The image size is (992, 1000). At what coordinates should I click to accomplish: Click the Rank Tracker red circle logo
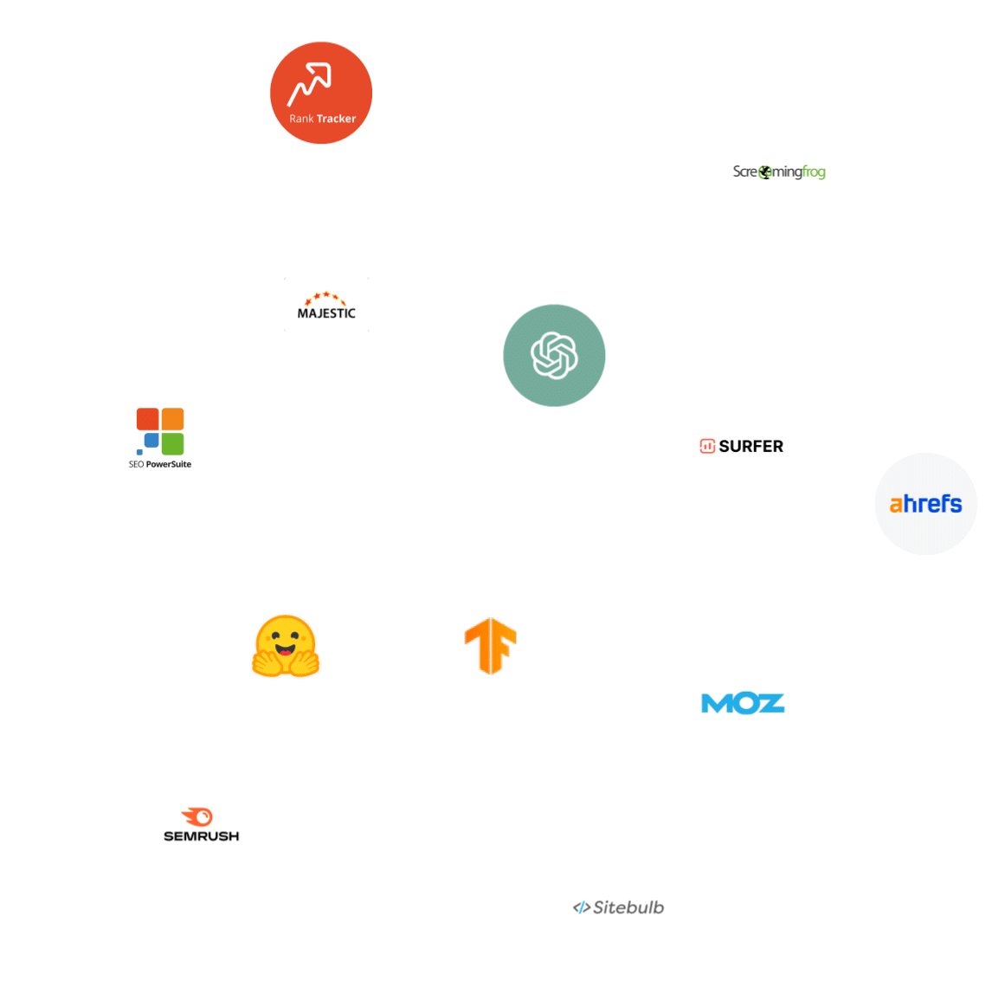(321, 93)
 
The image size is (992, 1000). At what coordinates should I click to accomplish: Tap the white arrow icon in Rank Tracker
(310, 83)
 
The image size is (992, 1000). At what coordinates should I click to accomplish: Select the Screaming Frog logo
(779, 172)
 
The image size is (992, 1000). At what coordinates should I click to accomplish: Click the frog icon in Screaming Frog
(765, 173)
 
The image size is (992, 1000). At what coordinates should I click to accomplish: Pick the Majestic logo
(326, 306)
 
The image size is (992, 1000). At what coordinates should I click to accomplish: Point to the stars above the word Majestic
(326, 297)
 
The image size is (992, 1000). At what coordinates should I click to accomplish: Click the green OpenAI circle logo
(554, 355)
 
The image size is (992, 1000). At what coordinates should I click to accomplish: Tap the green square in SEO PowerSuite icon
(173, 443)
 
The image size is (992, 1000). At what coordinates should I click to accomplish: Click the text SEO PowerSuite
(160, 465)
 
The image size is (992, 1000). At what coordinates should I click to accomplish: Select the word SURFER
(750, 447)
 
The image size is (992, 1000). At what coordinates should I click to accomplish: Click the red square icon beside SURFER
(707, 447)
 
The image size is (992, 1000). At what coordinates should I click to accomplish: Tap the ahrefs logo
(925, 504)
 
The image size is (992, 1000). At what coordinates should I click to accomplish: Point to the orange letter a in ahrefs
(896, 505)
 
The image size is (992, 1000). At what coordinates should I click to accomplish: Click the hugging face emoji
(286, 646)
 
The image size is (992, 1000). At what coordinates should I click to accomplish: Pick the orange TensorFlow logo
(491, 646)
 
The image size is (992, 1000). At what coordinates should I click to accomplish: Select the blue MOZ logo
(743, 703)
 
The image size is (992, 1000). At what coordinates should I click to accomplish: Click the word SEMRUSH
(202, 836)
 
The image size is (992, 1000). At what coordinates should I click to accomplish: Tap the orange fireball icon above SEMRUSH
(198, 816)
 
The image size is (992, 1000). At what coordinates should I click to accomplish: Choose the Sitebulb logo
(618, 907)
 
